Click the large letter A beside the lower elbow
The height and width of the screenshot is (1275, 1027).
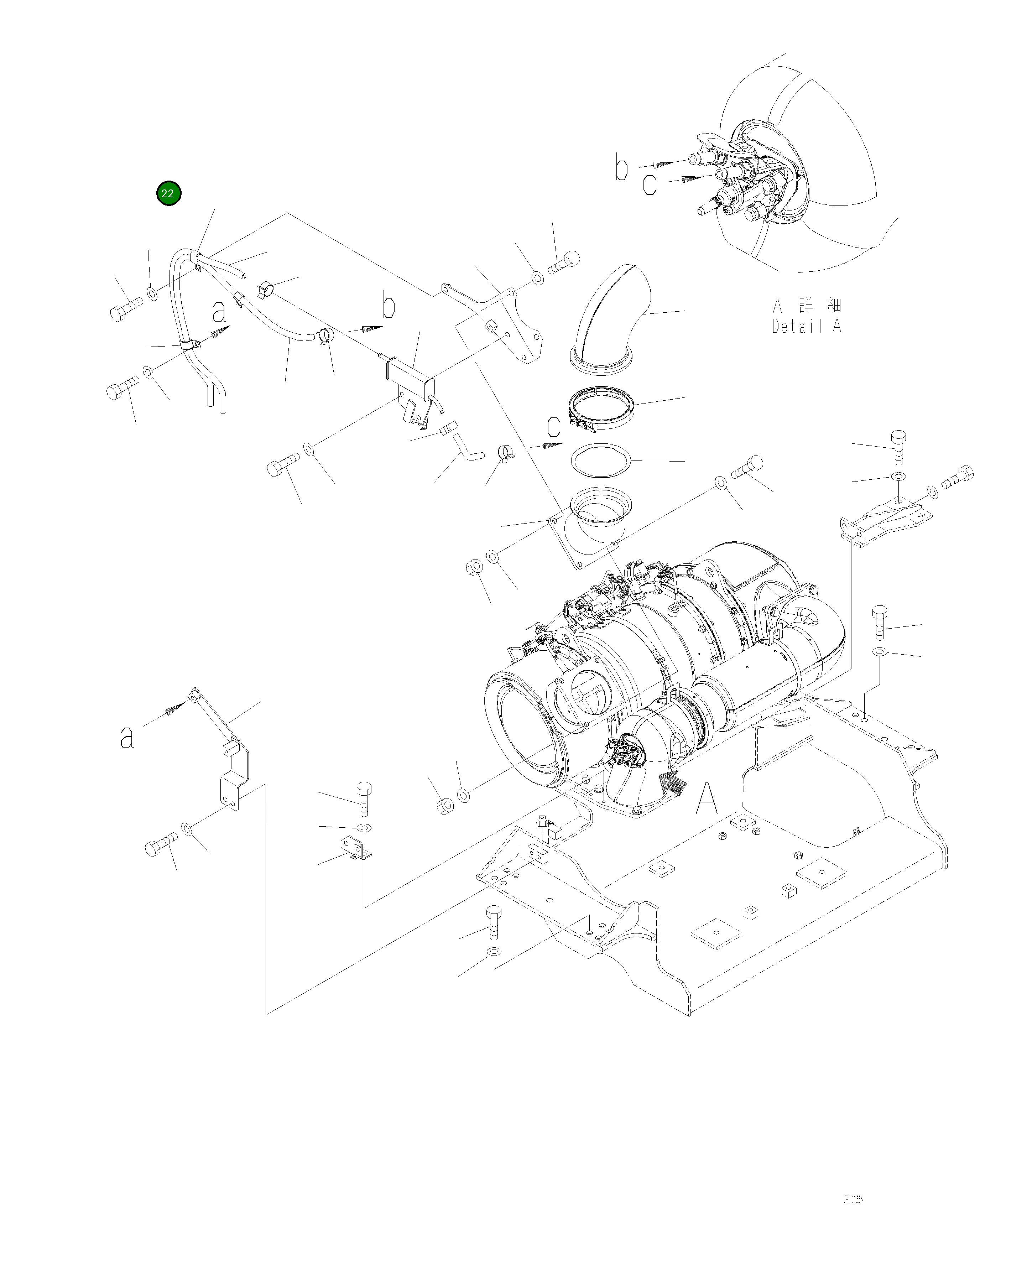[707, 799]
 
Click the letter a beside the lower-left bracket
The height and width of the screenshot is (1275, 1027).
[127, 737]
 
